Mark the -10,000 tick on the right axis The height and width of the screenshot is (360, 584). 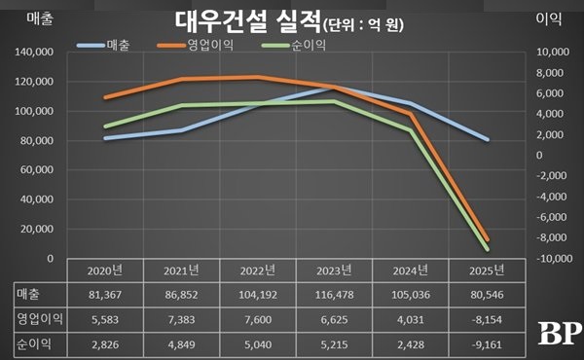coord(552,259)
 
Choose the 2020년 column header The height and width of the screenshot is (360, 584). coord(104,270)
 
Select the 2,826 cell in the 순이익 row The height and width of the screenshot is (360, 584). coord(104,343)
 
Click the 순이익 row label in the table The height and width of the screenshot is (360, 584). coord(33,343)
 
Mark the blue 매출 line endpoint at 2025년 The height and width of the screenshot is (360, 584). coord(488,140)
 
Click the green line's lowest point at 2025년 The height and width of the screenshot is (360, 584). coord(488,249)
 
